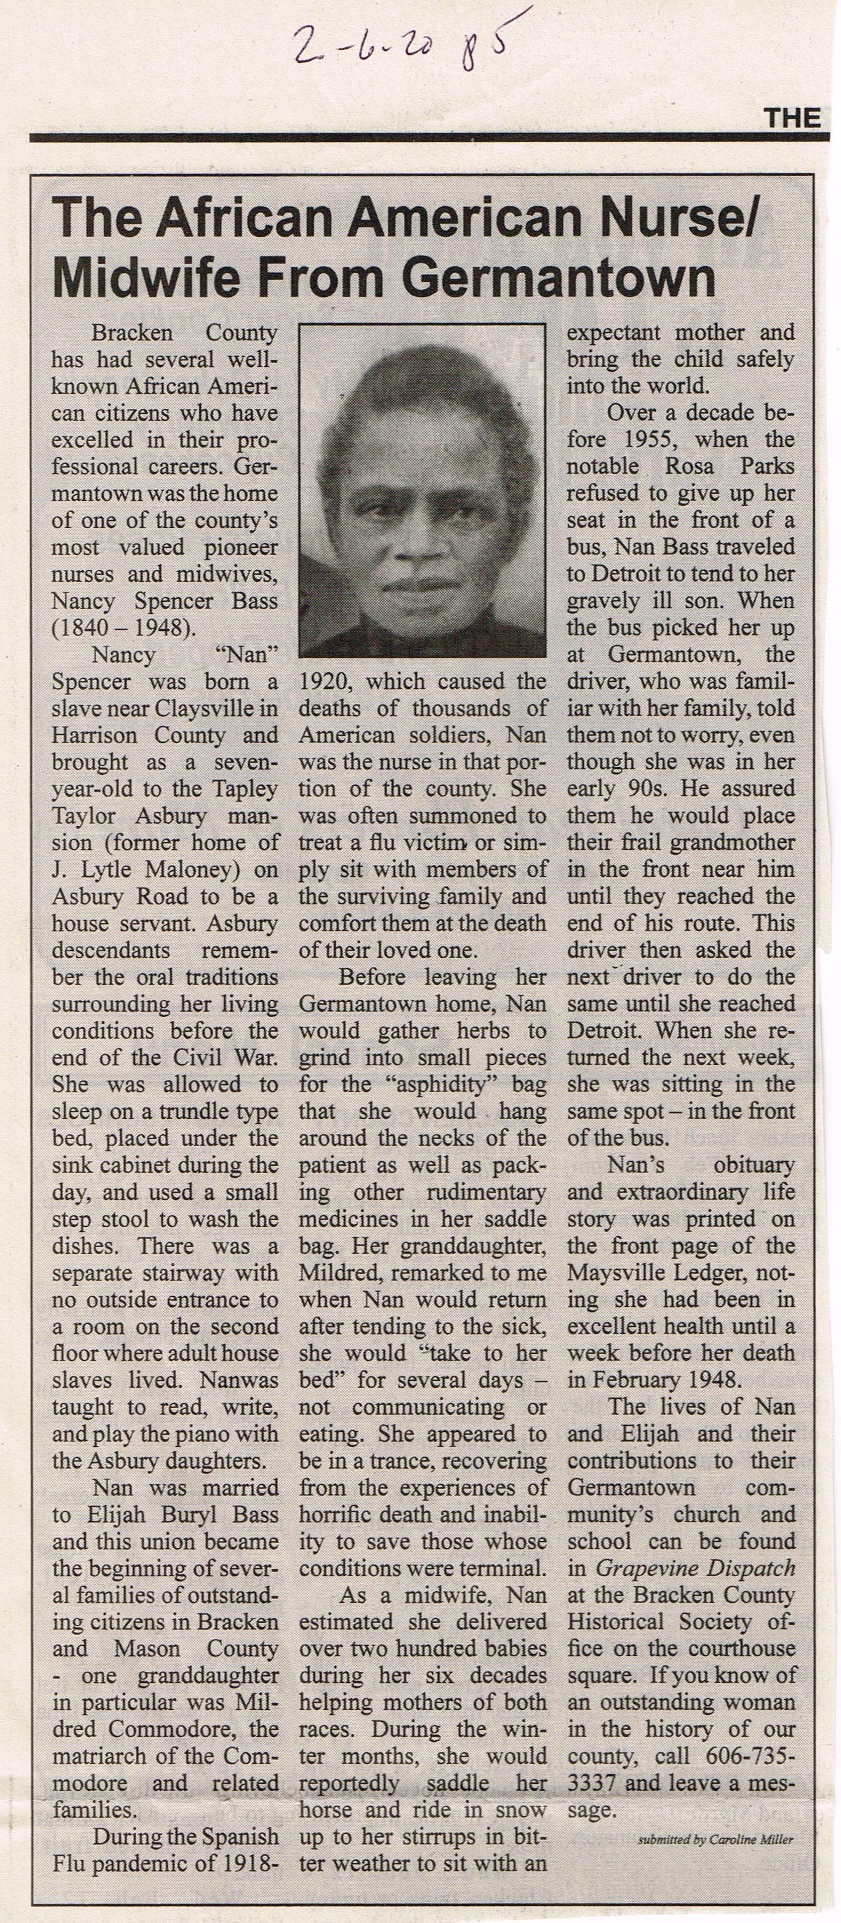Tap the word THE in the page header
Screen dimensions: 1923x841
click(x=792, y=118)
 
